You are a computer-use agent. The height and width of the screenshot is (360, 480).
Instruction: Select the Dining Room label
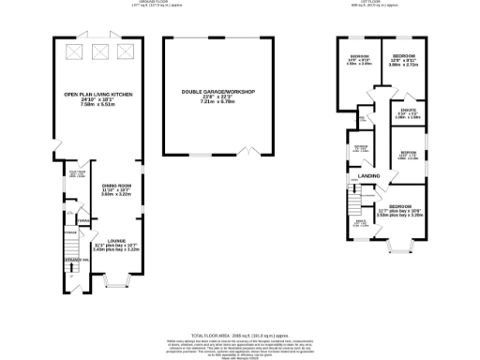116,186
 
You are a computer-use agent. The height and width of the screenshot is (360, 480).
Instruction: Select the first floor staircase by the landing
354,198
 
